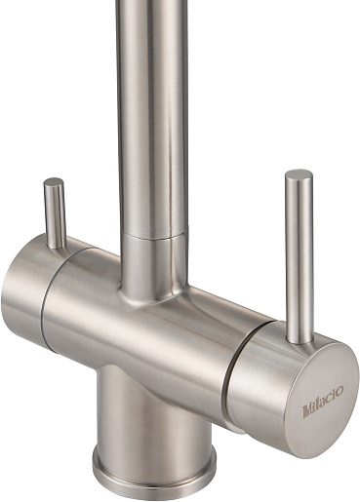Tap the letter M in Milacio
point(307,410)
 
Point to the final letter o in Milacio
point(340,391)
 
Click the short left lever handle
point(55,213)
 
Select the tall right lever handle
point(300,256)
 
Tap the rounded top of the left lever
point(54,181)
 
